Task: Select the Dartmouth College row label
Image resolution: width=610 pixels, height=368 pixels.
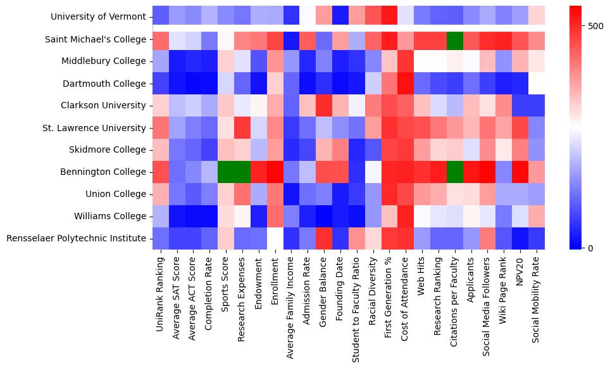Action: pyautogui.click(x=107, y=83)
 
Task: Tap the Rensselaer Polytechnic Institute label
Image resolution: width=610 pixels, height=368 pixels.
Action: pyautogui.click(x=80, y=238)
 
